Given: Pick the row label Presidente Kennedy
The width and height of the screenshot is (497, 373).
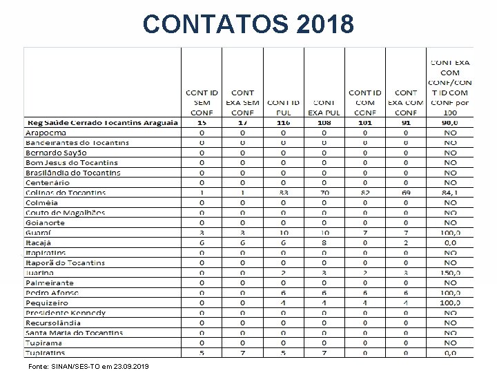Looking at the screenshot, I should click(66, 313).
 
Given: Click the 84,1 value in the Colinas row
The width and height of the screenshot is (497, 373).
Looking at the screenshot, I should click(450, 192).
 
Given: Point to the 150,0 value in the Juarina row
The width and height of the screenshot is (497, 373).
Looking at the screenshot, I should click(450, 273).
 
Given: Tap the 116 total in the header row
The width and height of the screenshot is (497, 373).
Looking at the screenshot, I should click(283, 122).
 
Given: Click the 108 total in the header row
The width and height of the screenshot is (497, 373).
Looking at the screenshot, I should click(324, 122).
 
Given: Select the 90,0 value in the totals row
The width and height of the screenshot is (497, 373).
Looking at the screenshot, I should click(450, 122).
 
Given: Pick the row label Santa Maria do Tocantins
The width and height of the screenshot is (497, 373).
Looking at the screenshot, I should click(75, 333).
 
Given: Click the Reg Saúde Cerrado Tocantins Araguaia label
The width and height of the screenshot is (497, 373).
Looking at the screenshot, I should click(102, 122).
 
